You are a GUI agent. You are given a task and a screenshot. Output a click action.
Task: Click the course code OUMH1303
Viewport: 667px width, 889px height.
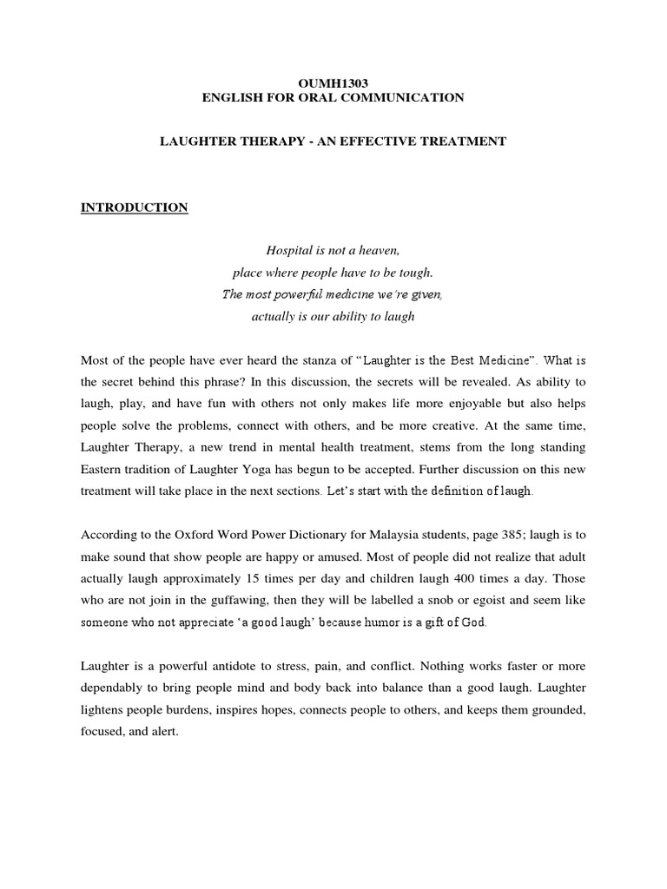point(333,83)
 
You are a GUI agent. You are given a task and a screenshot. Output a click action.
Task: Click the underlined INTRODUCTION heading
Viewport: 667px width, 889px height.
point(134,207)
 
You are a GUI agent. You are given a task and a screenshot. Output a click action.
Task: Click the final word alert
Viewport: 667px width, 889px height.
point(162,732)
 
